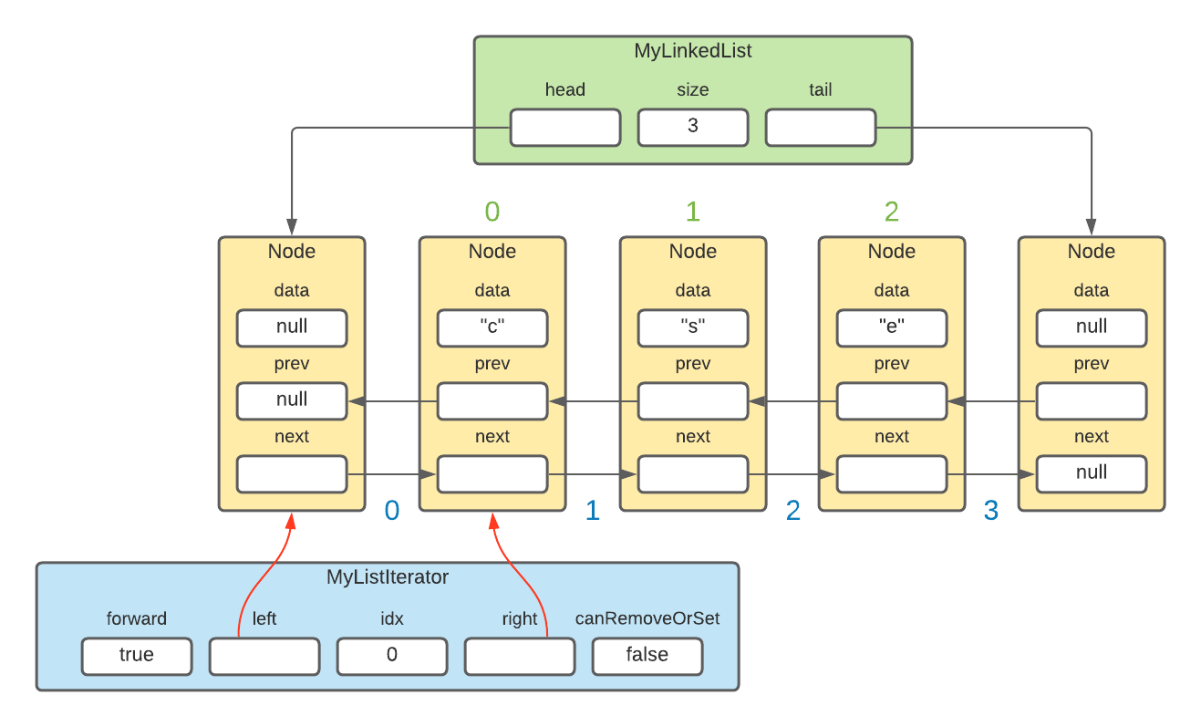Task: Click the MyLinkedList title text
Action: (x=692, y=51)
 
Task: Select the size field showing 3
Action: (x=692, y=127)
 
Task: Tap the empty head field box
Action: (x=564, y=127)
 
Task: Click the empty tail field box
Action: (x=820, y=127)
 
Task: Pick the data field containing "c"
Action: (x=492, y=327)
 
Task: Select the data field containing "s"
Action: (x=692, y=327)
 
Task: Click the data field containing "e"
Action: (x=891, y=327)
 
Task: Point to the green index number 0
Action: (x=492, y=212)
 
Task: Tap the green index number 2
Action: (x=891, y=212)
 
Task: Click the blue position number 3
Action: (x=990, y=511)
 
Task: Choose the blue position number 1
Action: (x=592, y=511)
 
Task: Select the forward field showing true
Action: (x=136, y=655)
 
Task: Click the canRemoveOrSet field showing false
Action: (x=647, y=655)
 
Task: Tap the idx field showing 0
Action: (x=391, y=655)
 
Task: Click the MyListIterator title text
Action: (x=387, y=577)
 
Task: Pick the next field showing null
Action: (x=1091, y=473)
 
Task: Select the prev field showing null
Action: (x=291, y=400)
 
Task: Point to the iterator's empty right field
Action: (x=519, y=655)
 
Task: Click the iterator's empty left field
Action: (x=264, y=655)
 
